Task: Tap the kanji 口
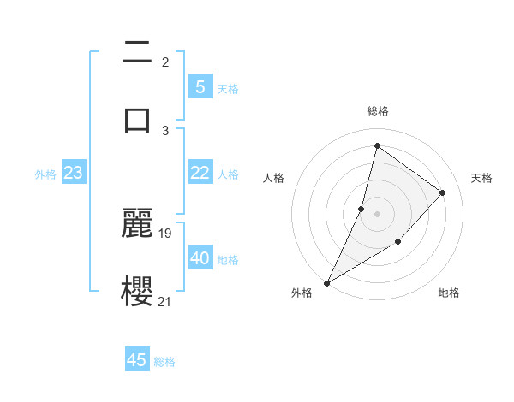coord(137,120)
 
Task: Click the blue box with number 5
coord(200,86)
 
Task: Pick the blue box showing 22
coord(200,173)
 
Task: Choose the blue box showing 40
coord(200,258)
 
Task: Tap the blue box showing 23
coord(74,173)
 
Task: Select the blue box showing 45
coord(137,360)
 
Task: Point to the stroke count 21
coord(165,301)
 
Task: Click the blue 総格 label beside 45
coord(164,362)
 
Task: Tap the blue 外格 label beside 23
coord(45,174)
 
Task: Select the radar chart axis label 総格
coord(378,111)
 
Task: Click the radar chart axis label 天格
coord(482,178)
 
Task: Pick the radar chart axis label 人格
coord(273,178)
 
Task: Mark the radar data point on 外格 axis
coord(326,283)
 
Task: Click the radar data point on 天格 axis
coord(443,192)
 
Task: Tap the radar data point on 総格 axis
coord(377,145)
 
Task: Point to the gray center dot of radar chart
coord(377,214)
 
